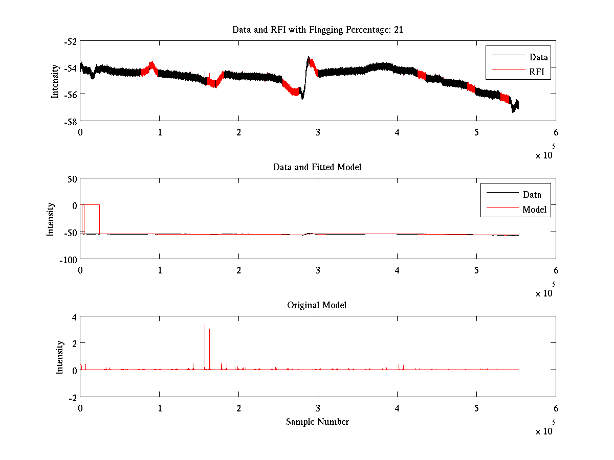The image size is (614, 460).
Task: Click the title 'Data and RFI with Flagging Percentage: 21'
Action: pos(317,30)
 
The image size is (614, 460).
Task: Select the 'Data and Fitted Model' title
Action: pos(317,167)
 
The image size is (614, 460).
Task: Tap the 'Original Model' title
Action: pos(317,305)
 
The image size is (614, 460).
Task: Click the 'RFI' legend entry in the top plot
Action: pos(540,73)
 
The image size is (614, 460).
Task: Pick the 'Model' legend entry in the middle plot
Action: pos(534,209)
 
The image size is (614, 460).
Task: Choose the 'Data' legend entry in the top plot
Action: pos(538,57)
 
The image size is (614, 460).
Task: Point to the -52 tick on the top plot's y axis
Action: pos(71,41)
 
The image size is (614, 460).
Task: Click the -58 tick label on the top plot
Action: pos(71,121)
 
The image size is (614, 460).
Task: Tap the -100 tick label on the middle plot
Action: pos(68,259)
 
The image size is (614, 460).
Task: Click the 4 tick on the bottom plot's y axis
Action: pos(74,317)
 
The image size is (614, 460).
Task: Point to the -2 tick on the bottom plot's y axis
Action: pos(72,397)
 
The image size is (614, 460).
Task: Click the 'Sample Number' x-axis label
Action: pos(317,422)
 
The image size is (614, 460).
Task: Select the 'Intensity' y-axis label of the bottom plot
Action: pos(60,357)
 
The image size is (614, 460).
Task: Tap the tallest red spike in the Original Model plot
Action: pos(205,327)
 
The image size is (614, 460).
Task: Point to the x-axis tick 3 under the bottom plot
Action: pos(318,408)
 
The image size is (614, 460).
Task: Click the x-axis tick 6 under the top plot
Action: pos(556,132)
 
